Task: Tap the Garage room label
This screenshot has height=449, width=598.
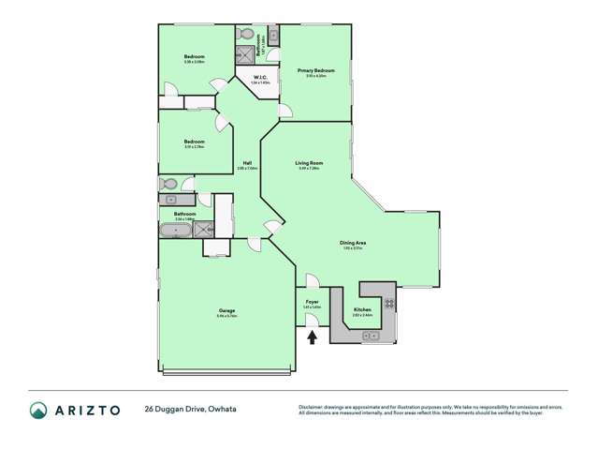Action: [x=226, y=312]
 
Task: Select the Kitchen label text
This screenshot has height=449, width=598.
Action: [x=362, y=310]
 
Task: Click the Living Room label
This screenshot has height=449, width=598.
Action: [x=309, y=164]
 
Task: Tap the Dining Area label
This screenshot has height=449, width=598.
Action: [x=353, y=243]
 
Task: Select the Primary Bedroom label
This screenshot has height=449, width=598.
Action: [x=316, y=71]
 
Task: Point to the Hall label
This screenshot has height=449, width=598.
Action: [x=247, y=164]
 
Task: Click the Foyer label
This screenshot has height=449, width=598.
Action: [x=313, y=302]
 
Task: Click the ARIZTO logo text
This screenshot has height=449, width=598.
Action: [x=92, y=410]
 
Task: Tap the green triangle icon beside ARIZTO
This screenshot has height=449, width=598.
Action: [x=38, y=410]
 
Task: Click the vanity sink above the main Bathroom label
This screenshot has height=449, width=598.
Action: [x=172, y=200]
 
